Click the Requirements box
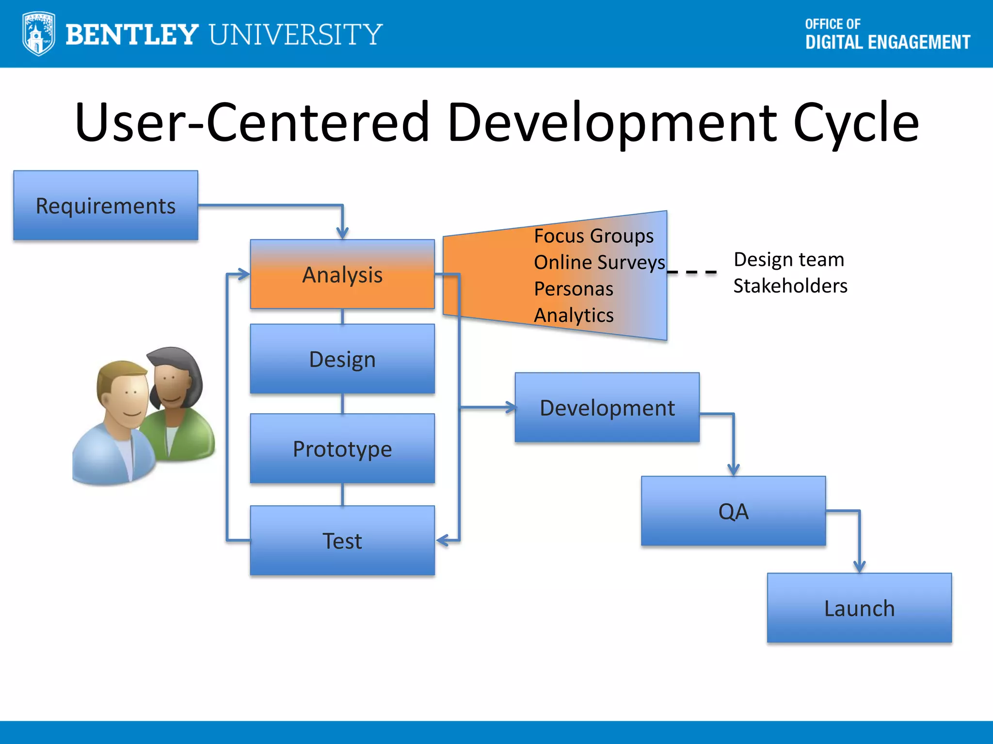pyautogui.click(x=106, y=205)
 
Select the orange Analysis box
pyautogui.click(x=342, y=274)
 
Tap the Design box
pyautogui.click(x=342, y=359)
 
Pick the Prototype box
pyautogui.click(x=342, y=449)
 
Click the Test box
pyautogui.click(x=342, y=541)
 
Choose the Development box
pyautogui.click(x=607, y=407)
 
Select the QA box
pyautogui.click(x=733, y=511)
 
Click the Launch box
pyautogui.click(x=859, y=608)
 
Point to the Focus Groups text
pyautogui.click(x=593, y=236)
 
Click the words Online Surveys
pyautogui.click(x=599, y=262)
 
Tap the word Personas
pyautogui.click(x=574, y=289)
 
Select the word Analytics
pyautogui.click(x=574, y=315)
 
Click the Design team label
pyautogui.click(x=789, y=260)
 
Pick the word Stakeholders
pyautogui.click(x=790, y=286)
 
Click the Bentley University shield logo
pyautogui.click(x=38, y=34)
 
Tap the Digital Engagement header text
pyautogui.click(x=887, y=42)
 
